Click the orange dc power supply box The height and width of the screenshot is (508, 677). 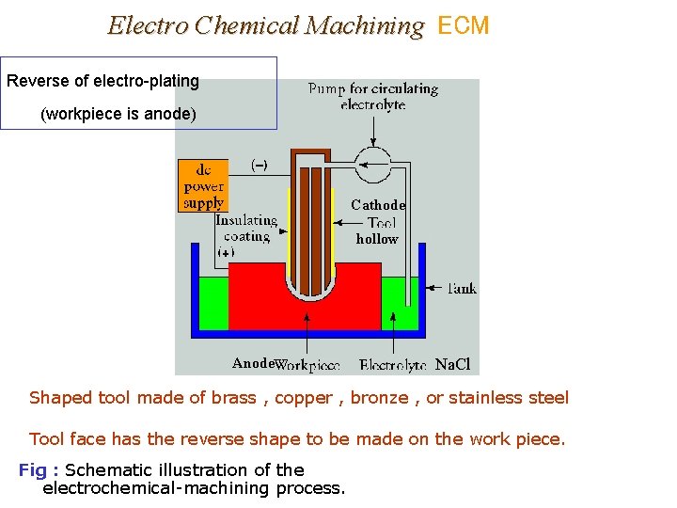[203, 185]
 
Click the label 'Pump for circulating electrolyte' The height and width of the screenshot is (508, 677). [372, 97]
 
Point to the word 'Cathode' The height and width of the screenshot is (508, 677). [378, 205]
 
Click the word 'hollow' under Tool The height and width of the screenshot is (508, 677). [377, 239]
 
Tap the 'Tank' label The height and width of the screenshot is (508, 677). [461, 288]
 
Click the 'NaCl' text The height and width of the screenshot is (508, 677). [453, 364]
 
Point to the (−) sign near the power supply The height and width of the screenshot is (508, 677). [259, 165]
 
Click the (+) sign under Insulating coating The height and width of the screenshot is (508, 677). [227, 252]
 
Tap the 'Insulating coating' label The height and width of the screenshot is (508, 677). [246, 229]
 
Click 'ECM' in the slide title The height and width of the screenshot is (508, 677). [464, 25]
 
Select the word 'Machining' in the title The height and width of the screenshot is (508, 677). [367, 25]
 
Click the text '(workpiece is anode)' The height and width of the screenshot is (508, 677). [118, 115]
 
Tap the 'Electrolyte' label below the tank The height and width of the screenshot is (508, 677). [393, 365]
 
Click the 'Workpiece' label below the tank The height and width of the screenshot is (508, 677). [308, 365]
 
